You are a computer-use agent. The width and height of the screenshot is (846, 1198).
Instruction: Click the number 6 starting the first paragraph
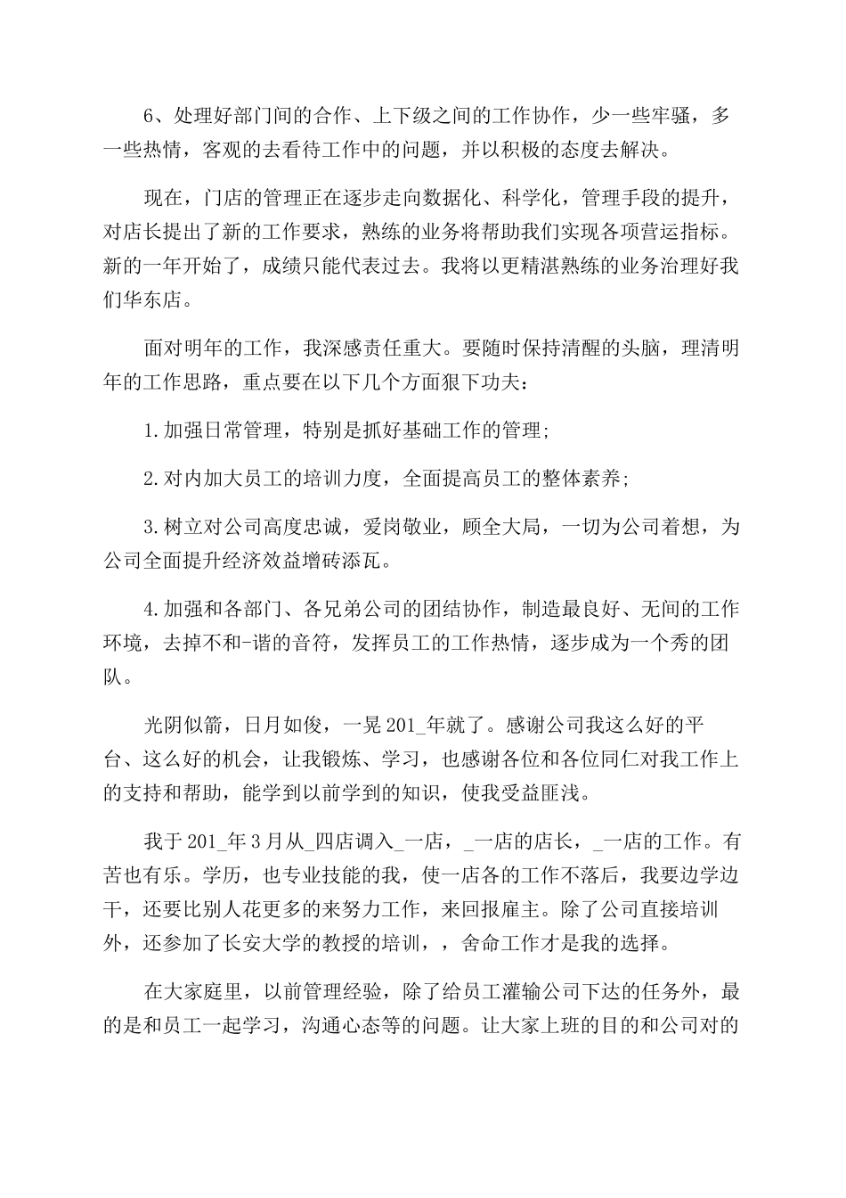pos(150,116)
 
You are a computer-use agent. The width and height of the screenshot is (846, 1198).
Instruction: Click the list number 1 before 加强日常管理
pos(149,431)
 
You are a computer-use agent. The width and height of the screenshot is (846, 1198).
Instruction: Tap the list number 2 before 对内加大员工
pos(149,479)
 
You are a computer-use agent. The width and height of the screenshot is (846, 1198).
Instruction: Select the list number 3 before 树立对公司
pos(149,527)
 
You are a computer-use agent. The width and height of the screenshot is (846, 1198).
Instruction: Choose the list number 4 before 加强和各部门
pos(149,610)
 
